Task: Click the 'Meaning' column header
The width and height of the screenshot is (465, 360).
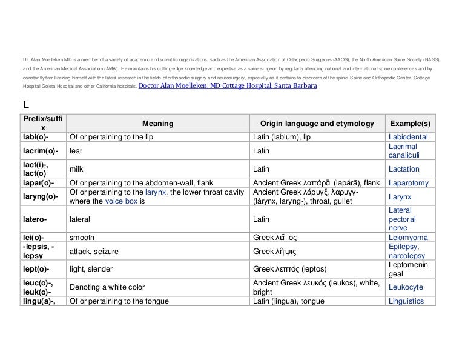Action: click(157, 124)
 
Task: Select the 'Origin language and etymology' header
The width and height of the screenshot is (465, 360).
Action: click(317, 124)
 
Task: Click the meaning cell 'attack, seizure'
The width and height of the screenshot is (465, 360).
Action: click(94, 252)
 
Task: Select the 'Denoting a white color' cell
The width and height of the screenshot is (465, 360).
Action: click(107, 287)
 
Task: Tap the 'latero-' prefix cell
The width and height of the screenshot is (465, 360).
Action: click(35, 219)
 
